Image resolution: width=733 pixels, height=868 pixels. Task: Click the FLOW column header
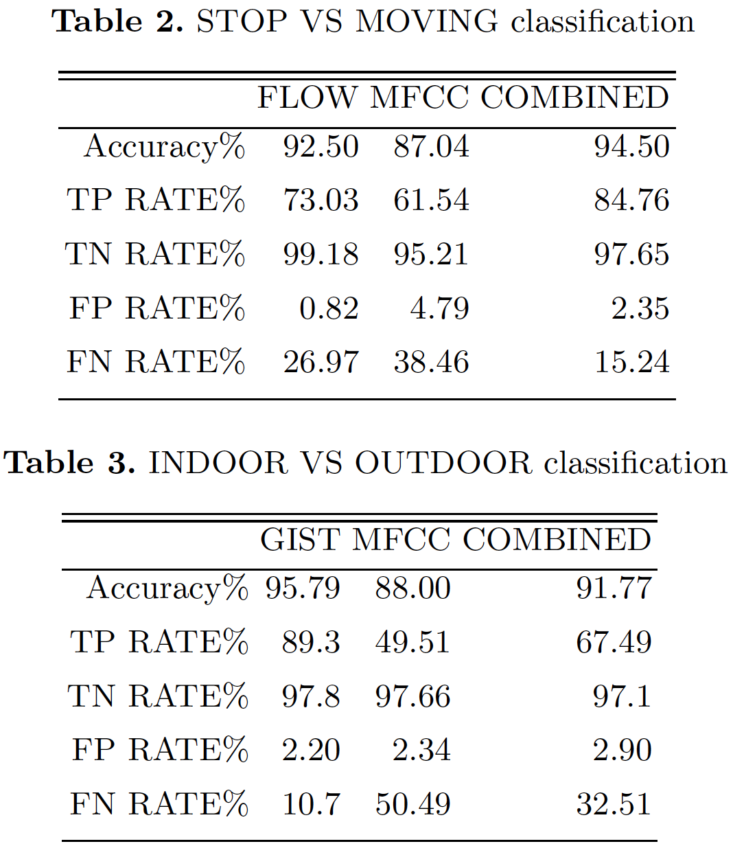point(307,98)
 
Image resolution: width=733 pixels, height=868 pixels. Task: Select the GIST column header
point(300,540)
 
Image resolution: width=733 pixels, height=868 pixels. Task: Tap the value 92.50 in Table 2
point(321,146)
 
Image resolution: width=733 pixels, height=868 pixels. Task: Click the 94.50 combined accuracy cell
point(631,146)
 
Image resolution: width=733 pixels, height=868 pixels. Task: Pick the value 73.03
point(321,200)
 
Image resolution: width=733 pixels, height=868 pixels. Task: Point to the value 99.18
point(321,254)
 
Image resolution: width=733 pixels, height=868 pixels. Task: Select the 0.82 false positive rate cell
point(329,308)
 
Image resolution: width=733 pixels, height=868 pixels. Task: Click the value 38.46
point(431,362)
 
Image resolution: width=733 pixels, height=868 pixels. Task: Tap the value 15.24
point(632,362)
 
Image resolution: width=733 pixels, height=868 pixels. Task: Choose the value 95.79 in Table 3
point(303,589)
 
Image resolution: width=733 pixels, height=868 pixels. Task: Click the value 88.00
point(412,589)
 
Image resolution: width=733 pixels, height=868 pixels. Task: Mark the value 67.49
point(614,642)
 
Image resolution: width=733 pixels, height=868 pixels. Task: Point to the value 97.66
point(412,696)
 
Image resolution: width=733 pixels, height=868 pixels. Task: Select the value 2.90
point(622,750)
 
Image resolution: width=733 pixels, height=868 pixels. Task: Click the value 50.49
point(412,803)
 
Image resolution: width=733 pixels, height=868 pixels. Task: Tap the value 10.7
point(311,803)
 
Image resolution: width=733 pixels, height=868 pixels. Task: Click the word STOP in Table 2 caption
point(242,21)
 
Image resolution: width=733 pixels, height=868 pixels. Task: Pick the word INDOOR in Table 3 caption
point(218,463)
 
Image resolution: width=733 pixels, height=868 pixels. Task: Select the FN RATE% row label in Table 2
point(156,362)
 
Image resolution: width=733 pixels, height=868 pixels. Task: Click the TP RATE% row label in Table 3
point(159,642)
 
